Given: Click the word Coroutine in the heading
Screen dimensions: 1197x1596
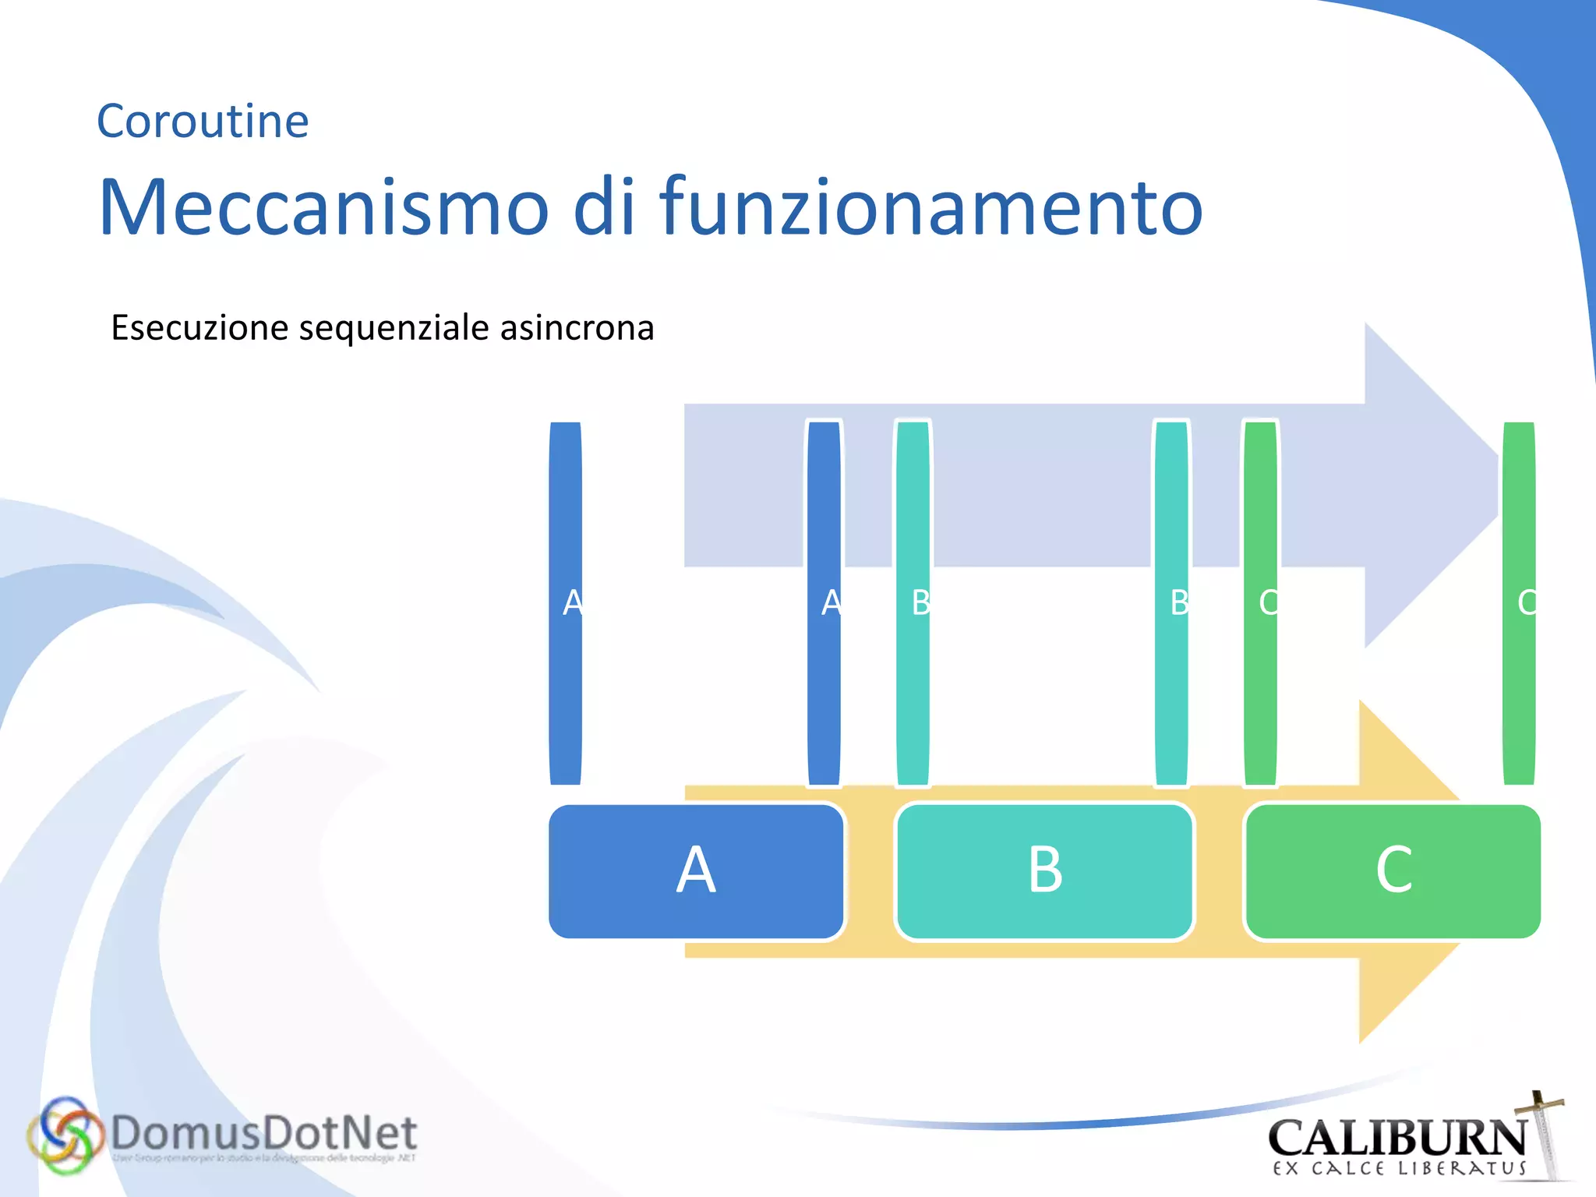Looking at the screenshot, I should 203,122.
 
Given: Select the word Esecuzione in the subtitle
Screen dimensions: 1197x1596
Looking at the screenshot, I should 200,327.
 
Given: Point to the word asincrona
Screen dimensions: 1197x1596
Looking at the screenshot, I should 577,327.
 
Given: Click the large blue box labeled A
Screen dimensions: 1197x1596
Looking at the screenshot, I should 696,870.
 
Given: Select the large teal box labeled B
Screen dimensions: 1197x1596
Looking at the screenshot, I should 1044,870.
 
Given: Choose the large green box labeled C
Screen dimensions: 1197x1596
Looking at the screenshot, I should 1393,870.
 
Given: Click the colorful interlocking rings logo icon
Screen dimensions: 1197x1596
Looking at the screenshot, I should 65,1135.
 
